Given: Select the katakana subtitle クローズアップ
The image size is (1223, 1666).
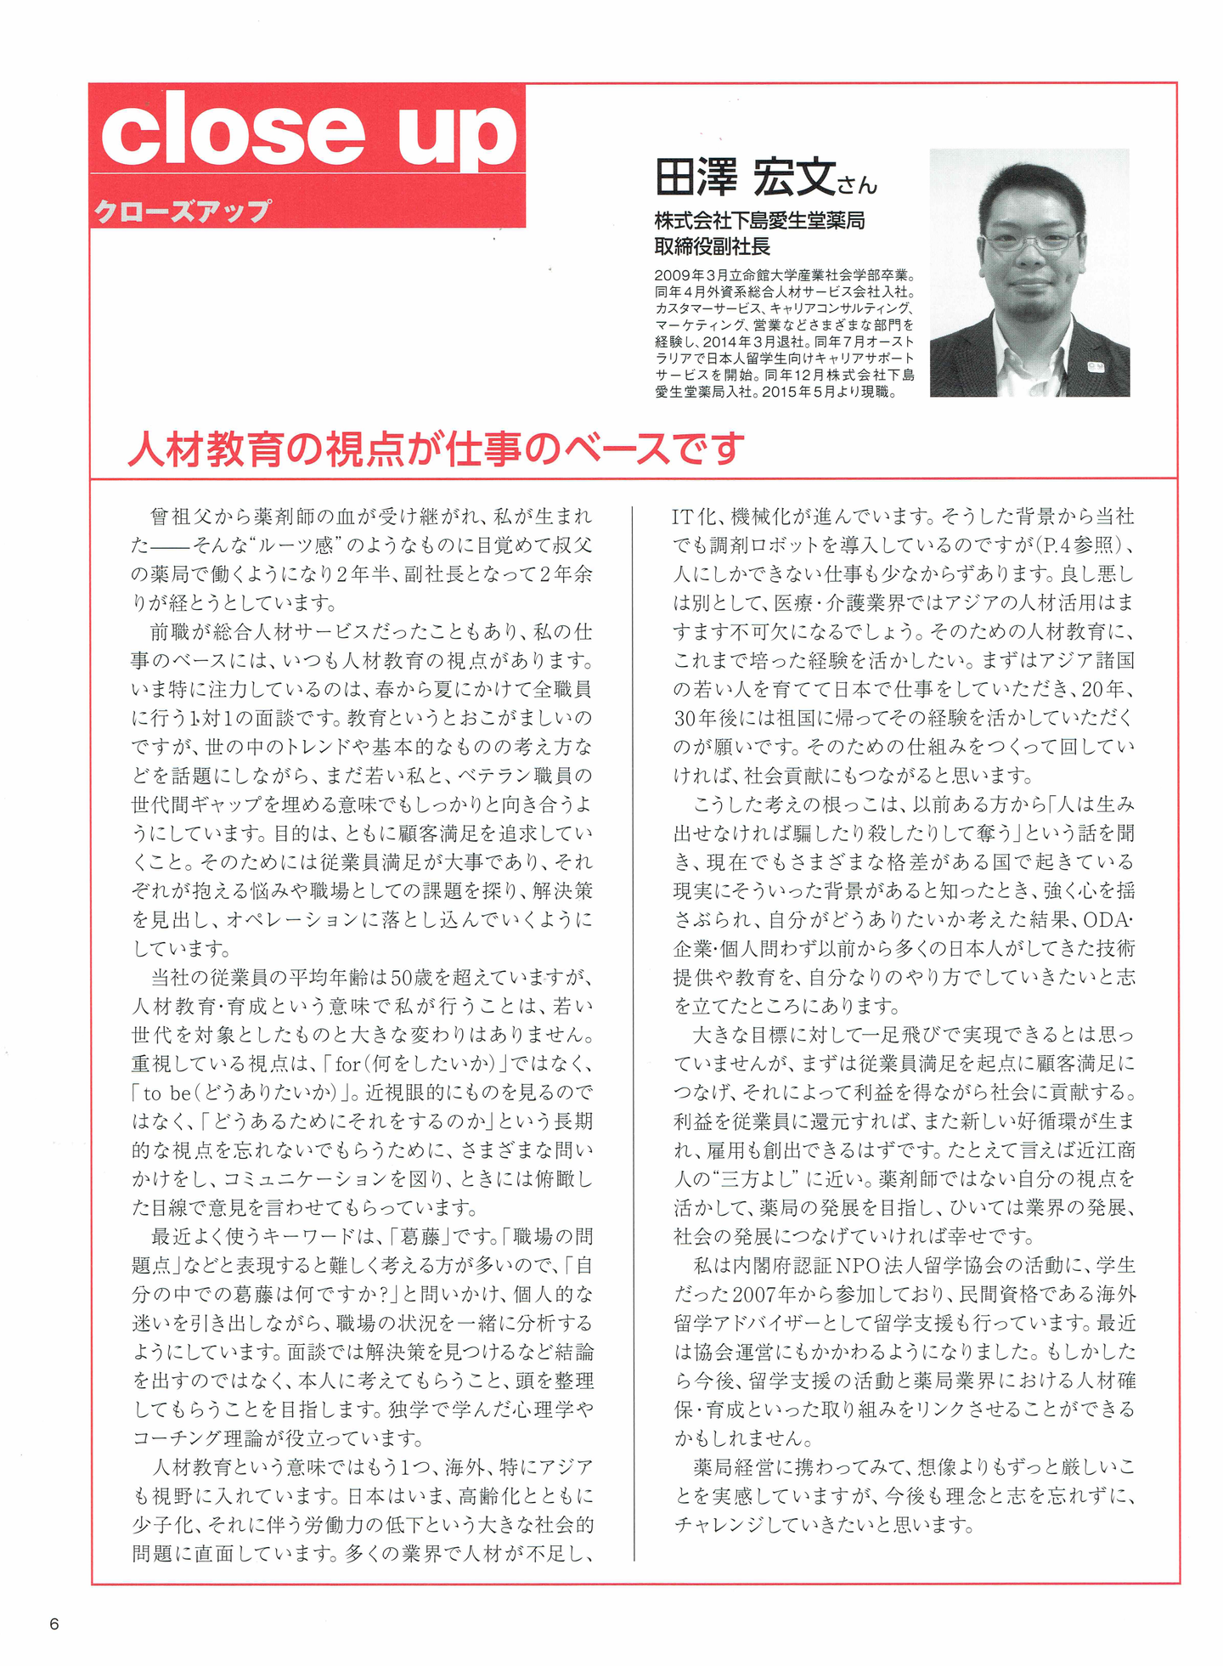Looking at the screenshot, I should tap(183, 209).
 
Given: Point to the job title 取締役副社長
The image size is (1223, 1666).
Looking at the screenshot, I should tap(712, 246).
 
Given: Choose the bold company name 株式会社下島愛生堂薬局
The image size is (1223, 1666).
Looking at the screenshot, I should tap(759, 221).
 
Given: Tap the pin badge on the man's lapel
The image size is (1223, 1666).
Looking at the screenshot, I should tap(1094, 367).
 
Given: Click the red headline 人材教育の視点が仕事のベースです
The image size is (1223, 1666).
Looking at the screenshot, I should tap(436, 448).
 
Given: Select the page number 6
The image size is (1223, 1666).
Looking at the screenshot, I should tap(54, 1624).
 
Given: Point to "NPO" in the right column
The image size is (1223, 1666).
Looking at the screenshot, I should tap(865, 1265).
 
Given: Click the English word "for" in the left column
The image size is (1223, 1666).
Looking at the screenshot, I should tap(348, 1064).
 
